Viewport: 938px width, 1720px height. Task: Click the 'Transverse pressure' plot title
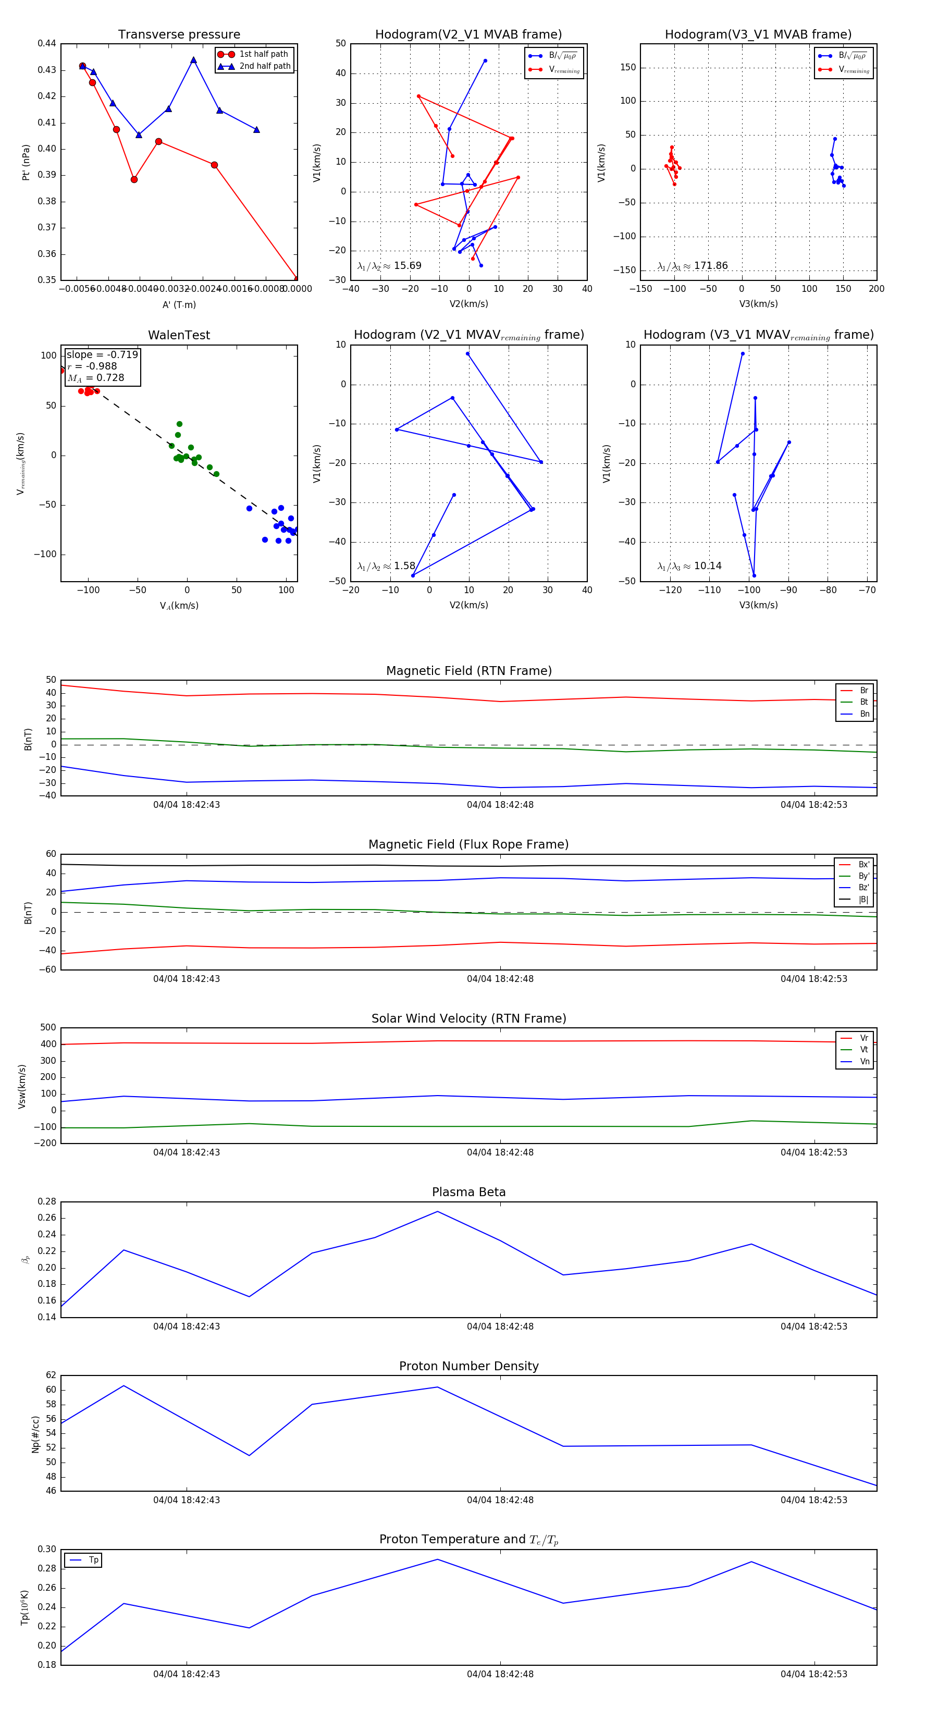(x=179, y=35)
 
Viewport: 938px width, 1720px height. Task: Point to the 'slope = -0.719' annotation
(x=102, y=354)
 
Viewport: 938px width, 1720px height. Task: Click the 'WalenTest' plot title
(x=179, y=335)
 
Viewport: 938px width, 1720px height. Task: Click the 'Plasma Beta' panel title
(x=468, y=1192)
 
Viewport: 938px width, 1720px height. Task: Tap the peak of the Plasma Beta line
(x=437, y=1211)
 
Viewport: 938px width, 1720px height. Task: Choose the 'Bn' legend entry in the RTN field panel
(x=864, y=714)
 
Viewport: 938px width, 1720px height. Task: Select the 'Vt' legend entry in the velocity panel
(x=864, y=1050)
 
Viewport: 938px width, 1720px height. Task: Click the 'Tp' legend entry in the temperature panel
(x=93, y=1560)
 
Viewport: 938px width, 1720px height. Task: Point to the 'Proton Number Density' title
(x=468, y=1366)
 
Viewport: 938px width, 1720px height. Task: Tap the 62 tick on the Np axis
(x=51, y=1375)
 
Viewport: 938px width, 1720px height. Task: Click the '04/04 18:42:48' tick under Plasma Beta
(x=500, y=1326)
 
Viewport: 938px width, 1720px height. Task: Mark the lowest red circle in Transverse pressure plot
(x=297, y=278)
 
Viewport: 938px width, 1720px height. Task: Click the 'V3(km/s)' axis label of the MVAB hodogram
(x=758, y=304)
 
